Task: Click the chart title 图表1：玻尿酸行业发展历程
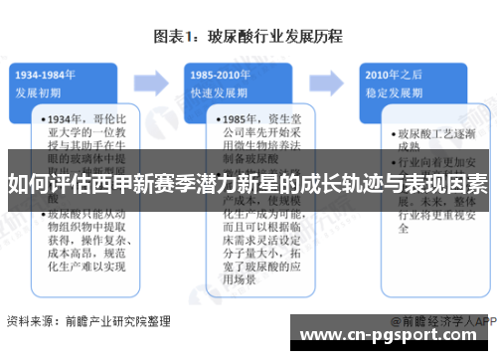[248, 38]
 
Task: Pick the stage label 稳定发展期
[393, 92]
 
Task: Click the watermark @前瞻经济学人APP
[441, 322]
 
